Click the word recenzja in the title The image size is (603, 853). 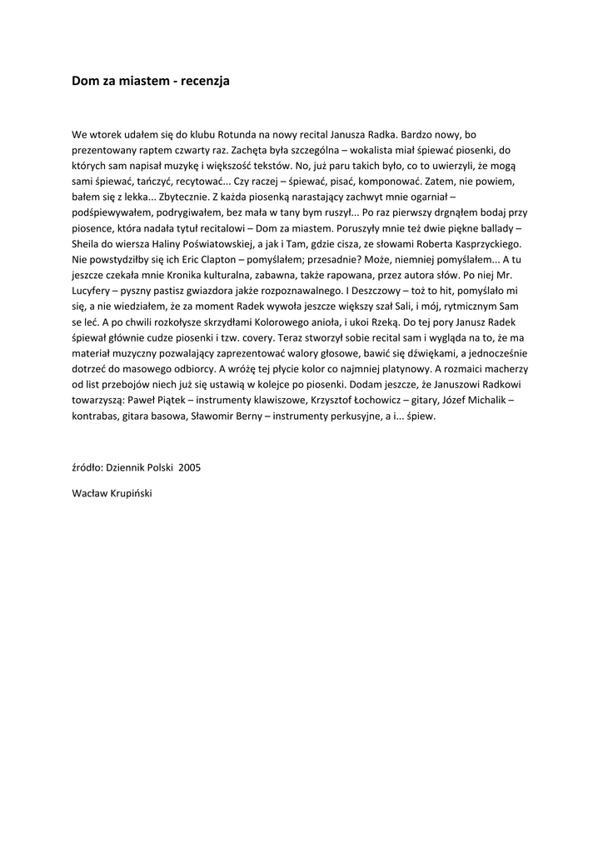[x=201, y=81]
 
